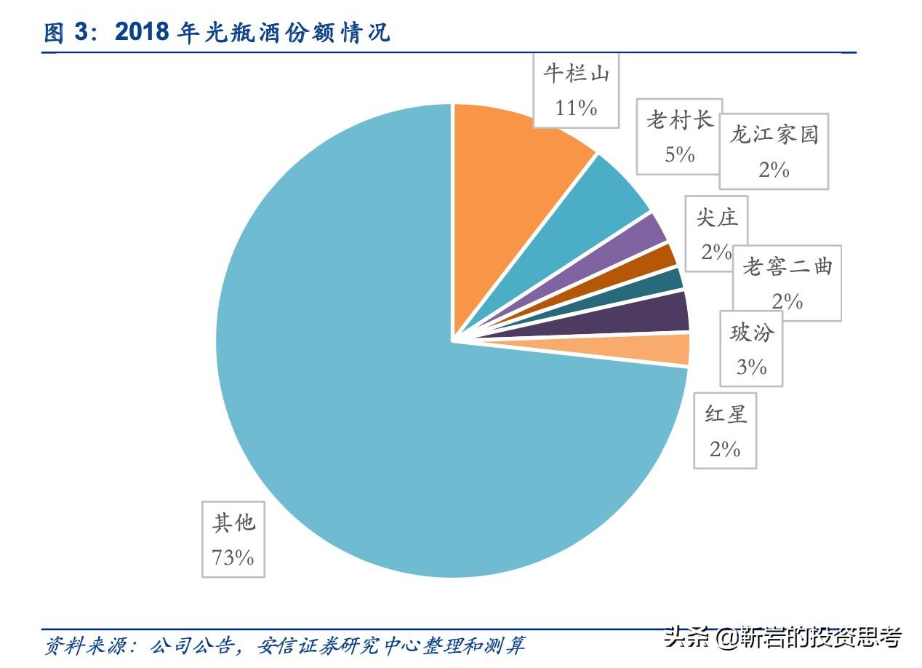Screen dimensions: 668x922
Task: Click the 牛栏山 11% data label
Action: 576,90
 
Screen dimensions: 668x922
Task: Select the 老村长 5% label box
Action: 678,137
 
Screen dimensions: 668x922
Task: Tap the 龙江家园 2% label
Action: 774,151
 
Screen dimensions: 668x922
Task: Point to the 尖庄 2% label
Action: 716,234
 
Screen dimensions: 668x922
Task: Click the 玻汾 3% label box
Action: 751,349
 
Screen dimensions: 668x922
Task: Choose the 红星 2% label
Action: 725,431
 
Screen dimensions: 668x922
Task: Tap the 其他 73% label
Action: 233,539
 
